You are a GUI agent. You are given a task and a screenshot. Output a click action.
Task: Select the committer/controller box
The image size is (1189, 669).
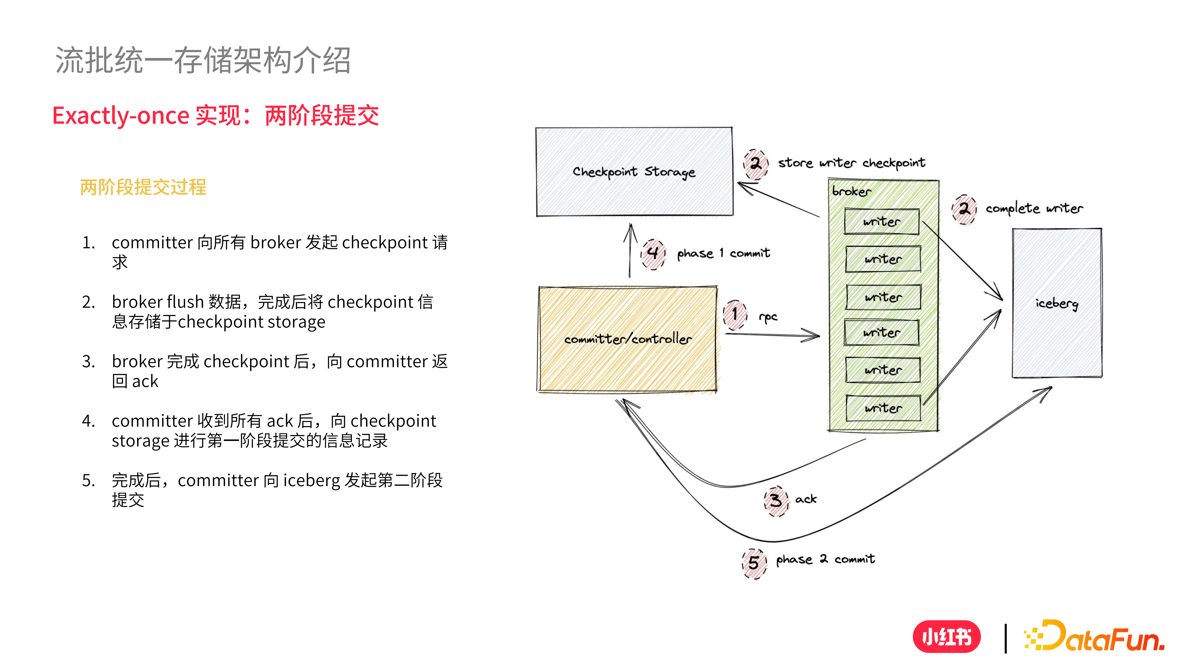[628, 339]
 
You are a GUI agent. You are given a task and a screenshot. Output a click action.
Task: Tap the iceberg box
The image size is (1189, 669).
[1056, 303]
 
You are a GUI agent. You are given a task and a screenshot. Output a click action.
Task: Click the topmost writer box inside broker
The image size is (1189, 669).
[882, 222]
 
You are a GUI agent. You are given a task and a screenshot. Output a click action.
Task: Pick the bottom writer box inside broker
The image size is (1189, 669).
[883, 408]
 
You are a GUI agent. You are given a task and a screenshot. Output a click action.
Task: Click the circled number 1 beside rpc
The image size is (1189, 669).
[735, 314]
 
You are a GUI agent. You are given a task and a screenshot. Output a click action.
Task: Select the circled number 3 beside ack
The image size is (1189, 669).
[776, 500]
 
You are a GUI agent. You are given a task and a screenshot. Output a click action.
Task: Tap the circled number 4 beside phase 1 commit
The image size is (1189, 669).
[653, 253]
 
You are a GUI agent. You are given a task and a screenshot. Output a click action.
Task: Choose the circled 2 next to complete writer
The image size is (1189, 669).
[964, 209]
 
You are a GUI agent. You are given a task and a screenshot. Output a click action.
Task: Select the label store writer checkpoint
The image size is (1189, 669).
[852, 163]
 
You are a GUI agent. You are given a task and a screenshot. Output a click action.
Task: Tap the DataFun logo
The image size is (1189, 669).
[1094, 637]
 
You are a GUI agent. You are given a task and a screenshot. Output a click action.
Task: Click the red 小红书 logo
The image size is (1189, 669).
[947, 637]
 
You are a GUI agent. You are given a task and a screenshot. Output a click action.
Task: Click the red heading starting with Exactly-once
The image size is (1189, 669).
[216, 115]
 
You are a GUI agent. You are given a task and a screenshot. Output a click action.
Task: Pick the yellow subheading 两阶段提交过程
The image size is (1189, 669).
[143, 187]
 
